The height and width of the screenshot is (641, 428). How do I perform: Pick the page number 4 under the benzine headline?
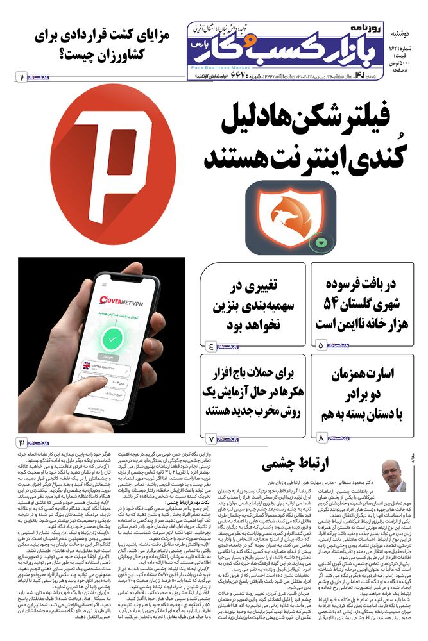tap(210, 346)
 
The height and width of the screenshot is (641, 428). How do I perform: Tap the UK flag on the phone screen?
tap(84, 367)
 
